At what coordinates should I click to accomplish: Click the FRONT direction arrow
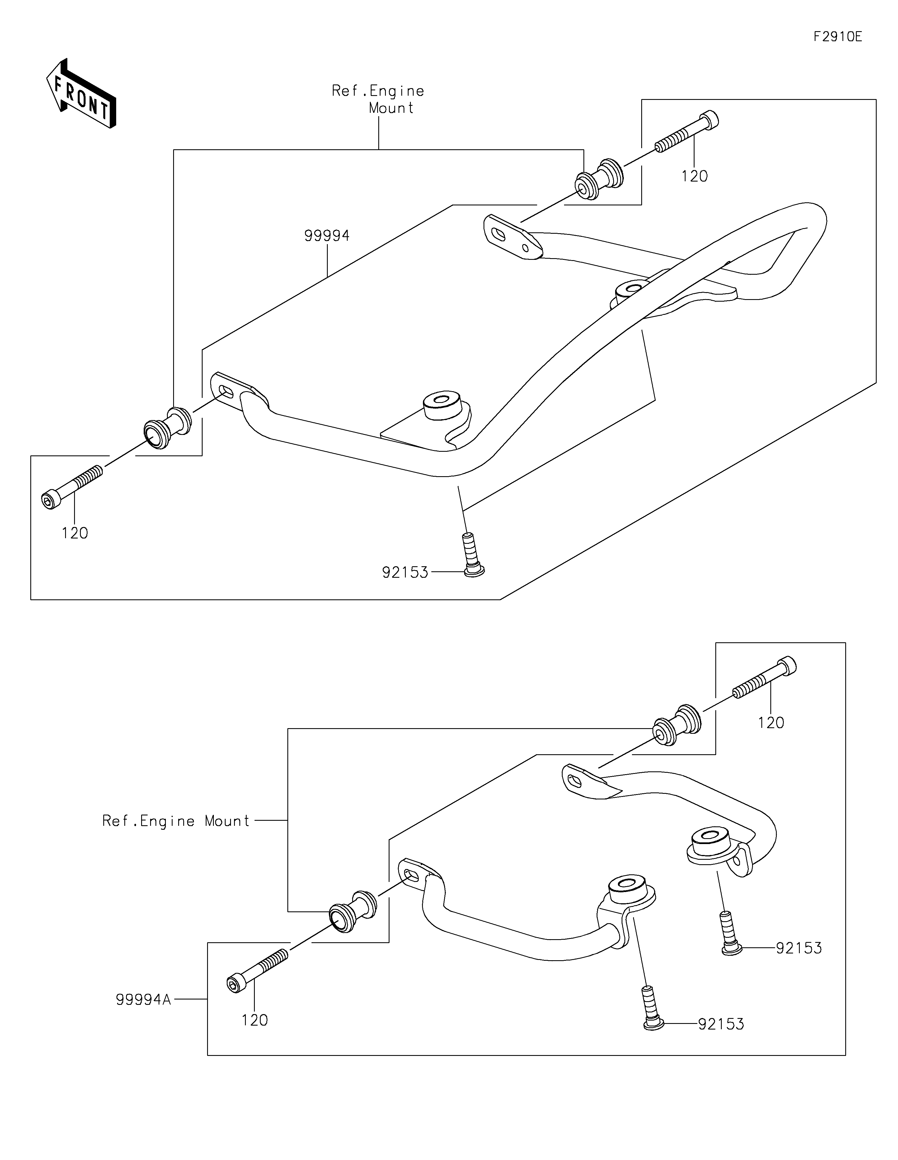[x=81, y=93]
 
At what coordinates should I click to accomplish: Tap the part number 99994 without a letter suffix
[x=327, y=236]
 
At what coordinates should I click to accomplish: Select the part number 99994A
[x=143, y=999]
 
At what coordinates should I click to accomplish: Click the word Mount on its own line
[x=391, y=108]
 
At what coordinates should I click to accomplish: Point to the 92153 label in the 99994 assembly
[x=405, y=572]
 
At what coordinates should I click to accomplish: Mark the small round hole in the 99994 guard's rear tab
[x=525, y=247]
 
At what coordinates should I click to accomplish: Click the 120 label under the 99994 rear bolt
[x=695, y=176]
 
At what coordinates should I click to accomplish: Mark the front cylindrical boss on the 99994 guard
[x=441, y=406]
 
